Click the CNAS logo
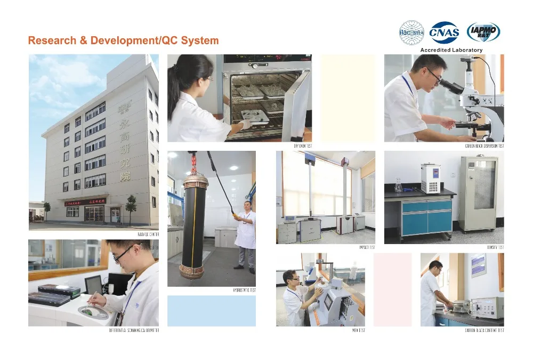(444, 33)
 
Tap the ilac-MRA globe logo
(412, 33)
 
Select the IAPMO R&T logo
(483, 33)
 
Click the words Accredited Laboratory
(451, 50)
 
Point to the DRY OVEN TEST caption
(303, 145)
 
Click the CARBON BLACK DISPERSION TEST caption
(484, 145)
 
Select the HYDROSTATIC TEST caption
(245, 290)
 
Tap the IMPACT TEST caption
(367, 247)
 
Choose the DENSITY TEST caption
(495, 247)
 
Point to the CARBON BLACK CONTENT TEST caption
(484, 330)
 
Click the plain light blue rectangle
(211, 311)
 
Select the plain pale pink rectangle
(393, 289)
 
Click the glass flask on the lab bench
(398, 186)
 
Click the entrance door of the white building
(115, 215)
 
